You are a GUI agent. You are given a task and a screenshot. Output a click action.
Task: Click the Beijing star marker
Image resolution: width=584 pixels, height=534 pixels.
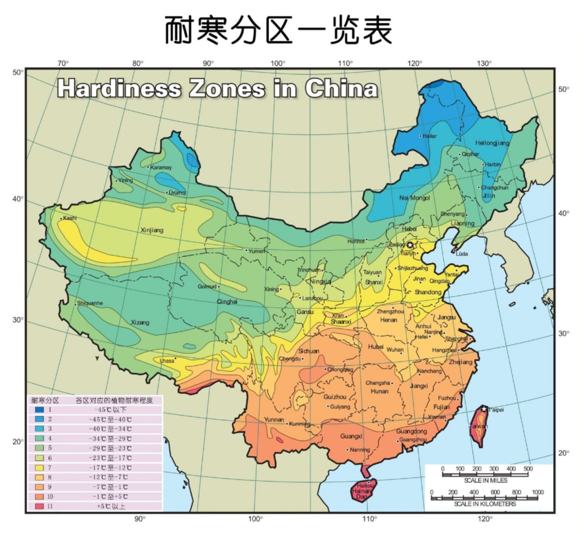(x=410, y=245)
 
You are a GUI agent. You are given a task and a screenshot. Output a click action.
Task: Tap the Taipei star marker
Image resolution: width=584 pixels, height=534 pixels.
(x=484, y=408)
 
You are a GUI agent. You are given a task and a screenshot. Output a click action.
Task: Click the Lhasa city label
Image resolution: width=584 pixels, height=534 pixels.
(x=167, y=361)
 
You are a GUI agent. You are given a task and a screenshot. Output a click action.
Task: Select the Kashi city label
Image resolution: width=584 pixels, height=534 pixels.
(x=70, y=218)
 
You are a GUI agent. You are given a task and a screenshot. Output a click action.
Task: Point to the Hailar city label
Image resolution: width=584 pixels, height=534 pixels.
(x=430, y=136)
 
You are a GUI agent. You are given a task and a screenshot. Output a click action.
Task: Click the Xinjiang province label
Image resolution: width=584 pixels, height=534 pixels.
(x=152, y=230)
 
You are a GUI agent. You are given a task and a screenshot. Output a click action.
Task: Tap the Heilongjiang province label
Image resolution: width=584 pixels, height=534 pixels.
(x=492, y=143)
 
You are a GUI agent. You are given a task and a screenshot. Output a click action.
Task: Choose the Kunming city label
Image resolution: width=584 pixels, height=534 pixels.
(x=300, y=424)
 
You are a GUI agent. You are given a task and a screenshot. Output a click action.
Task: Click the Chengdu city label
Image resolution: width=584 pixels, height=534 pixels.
(x=289, y=359)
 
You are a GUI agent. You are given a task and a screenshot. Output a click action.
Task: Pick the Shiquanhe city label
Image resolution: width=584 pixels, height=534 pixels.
(x=90, y=303)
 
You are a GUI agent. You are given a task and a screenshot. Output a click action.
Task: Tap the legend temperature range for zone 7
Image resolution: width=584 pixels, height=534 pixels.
(x=110, y=468)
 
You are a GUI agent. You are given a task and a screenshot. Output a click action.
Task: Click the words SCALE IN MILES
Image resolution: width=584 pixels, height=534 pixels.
(x=486, y=480)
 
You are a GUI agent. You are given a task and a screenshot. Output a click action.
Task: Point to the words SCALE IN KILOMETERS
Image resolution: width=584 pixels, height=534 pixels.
(x=485, y=504)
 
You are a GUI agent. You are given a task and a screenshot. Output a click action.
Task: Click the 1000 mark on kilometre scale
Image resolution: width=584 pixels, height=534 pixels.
(x=538, y=492)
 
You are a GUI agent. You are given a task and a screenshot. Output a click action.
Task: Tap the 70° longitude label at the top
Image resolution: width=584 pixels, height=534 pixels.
(x=63, y=63)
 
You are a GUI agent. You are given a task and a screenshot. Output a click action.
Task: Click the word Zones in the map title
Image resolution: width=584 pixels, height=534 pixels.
(x=227, y=88)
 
